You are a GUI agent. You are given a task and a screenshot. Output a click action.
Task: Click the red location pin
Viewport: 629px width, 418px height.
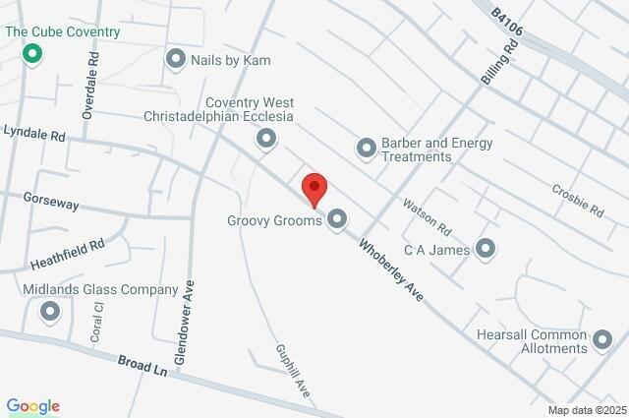pyautogui.click(x=314, y=188)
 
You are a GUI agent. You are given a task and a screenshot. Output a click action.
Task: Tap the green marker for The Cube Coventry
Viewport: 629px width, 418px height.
pyautogui.click(x=32, y=52)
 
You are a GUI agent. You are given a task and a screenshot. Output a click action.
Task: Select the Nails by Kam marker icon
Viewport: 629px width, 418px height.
pyautogui.click(x=177, y=60)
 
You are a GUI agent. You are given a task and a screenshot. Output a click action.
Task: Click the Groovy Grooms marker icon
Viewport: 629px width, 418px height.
pyautogui.click(x=337, y=219)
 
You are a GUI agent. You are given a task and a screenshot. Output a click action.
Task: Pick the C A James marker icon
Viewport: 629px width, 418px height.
pyautogui.click(x=486, y=249)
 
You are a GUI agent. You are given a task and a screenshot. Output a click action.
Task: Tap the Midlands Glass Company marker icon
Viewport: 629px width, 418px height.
pyautogui.click(x=50, y=312)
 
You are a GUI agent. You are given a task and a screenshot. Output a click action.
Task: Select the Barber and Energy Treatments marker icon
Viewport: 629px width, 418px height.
pyautogui.click(x=366, y=149)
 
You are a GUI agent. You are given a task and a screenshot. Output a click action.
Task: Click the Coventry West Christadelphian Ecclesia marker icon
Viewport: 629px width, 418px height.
pyautogui.click(x=265, y=139)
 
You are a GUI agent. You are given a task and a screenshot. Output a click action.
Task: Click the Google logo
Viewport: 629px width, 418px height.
pyautogui.click(x=32, y=406)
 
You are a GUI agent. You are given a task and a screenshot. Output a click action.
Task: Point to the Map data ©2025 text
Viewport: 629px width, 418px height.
pyautogui.click(x=586, y=410)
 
